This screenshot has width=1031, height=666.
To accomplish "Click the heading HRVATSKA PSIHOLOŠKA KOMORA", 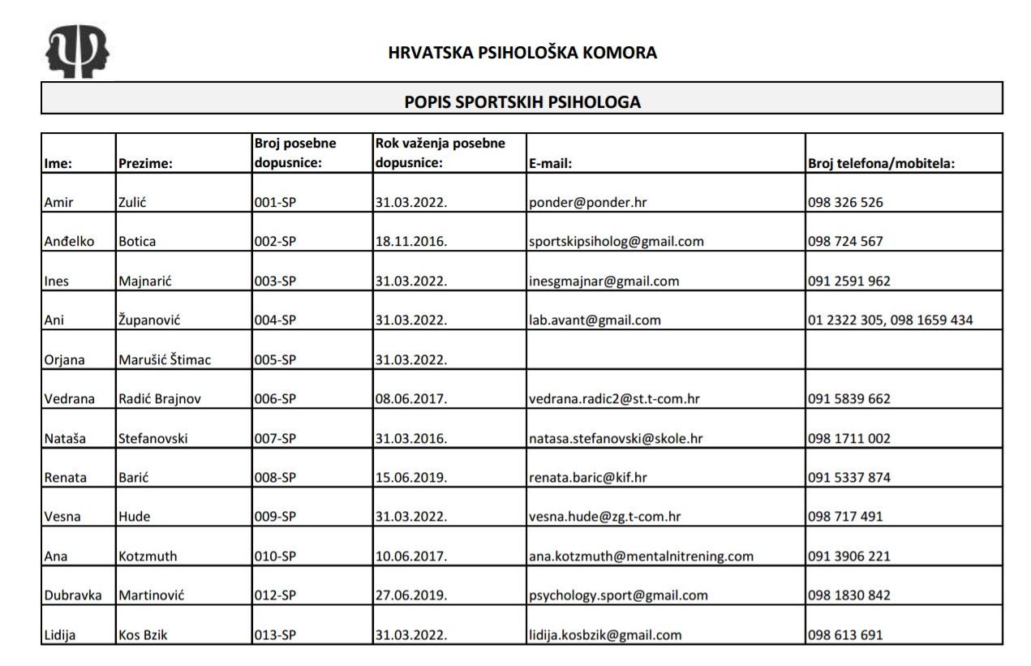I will pos(522,54).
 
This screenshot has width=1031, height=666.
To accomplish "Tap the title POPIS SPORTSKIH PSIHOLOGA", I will pos(522,102).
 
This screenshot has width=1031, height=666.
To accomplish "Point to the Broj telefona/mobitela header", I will pos(881,163).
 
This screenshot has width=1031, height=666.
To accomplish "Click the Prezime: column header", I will pos(146,163).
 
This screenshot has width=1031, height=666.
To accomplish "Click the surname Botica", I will pos(137,242).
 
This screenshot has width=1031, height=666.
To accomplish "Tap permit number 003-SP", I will pos(275,281).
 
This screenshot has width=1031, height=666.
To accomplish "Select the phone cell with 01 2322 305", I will pos(890,320).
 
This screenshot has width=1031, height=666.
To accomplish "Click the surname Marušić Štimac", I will pos(165,359).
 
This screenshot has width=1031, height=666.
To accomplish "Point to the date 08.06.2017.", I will pos(410,399).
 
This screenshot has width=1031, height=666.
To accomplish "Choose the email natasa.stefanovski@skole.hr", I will pos(616,439).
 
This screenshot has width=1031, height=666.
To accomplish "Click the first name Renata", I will pos(65,478).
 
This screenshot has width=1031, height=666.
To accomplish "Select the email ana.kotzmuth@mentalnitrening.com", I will pos(641,556).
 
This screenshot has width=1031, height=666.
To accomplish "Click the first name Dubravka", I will pos(72,595).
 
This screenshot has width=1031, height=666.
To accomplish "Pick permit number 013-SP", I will pos(275,635).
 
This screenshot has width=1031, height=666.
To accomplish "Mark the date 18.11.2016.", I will pos(410,242).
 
